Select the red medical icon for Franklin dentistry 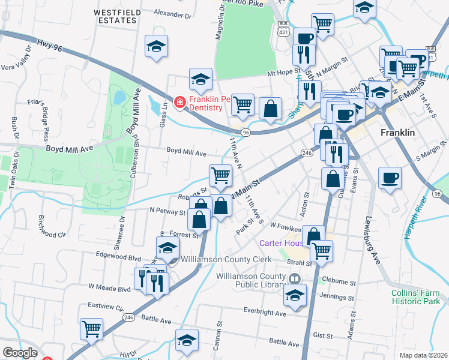coord(179,103)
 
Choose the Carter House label coord(279,243)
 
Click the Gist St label coord(323,336)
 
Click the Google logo coord(20,353)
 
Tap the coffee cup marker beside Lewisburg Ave coord(390,178)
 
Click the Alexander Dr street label coord(172,12)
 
